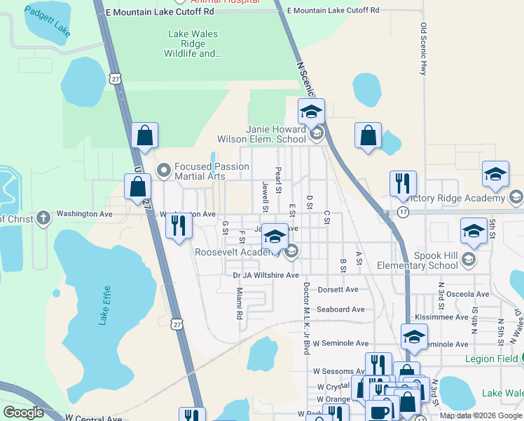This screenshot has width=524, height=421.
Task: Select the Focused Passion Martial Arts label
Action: point(211,171)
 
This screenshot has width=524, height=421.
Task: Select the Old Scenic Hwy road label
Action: point(423,49)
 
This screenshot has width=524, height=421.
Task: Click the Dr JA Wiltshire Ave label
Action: point(266,276)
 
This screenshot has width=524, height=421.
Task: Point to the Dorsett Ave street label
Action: point(338,289)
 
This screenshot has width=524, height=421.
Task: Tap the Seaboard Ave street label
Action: point(340,309)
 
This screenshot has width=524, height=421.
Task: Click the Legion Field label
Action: point(490,359)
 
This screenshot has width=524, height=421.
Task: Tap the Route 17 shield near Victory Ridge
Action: point(403,211)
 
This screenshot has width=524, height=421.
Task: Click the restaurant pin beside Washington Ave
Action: point(179,226)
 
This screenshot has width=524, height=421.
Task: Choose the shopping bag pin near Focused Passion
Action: point(137,187)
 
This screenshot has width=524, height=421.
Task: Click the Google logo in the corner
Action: point(23,413)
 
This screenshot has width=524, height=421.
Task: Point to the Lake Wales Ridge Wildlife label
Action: point(193,44)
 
